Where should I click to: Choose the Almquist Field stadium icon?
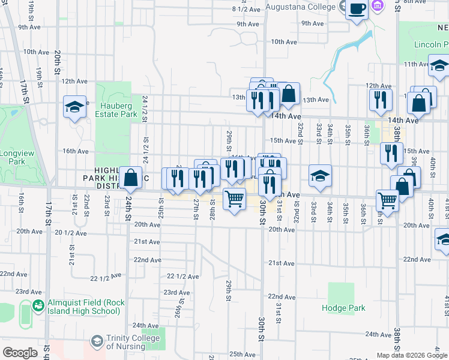click(38, 306)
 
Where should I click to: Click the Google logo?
click(20, 353)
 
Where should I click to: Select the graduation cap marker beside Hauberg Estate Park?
click(75, 107)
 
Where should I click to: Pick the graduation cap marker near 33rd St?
click(320, 176)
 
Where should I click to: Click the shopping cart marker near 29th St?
click(234, 198)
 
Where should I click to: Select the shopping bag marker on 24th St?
click(130, 178)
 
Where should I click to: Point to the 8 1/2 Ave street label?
click(246, 9)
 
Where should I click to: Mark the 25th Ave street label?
click(243, 354)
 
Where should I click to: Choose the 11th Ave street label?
click(417, 64)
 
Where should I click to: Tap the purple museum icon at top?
click(378, 7)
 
